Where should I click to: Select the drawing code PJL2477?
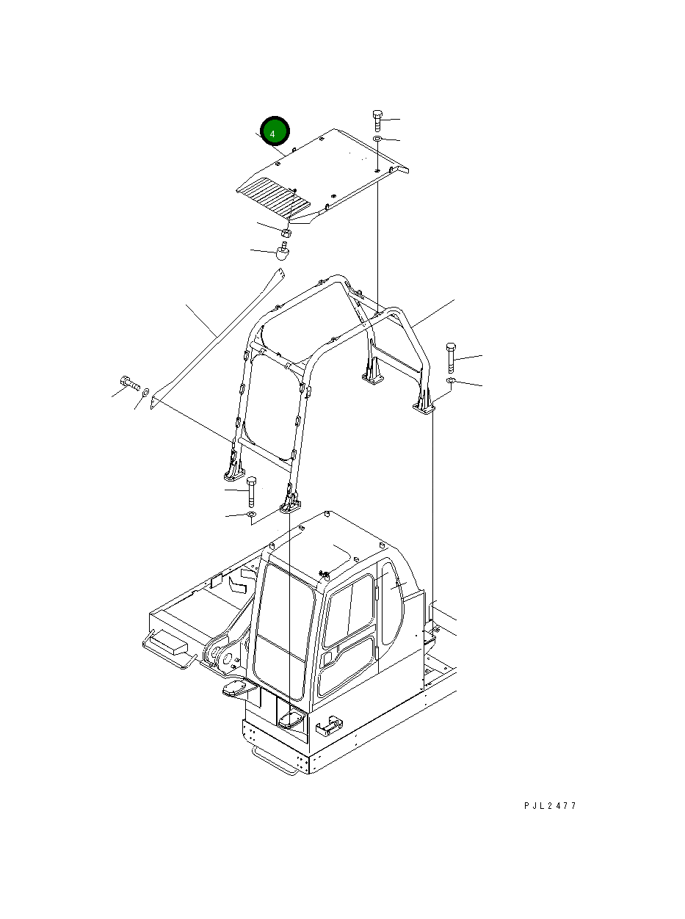[550, 805]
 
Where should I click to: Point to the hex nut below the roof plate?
[287, 233]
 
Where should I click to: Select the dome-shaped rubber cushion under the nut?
[283, 252]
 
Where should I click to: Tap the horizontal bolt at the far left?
[130, 382]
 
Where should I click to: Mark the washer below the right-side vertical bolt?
[451, 381]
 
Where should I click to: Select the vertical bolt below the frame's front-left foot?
[252, 491]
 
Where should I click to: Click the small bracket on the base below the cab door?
[327, 726]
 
